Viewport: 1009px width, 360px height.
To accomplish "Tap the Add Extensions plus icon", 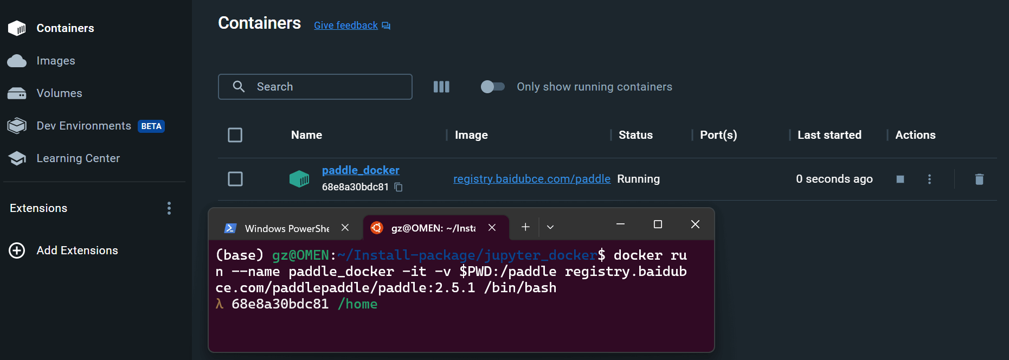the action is click(x=17, y=250).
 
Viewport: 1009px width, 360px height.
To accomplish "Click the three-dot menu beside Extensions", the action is click(x=169, y=208).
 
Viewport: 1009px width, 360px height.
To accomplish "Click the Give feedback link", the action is click(x=352, y=25).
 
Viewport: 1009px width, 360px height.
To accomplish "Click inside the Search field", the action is click(x=315, y=87).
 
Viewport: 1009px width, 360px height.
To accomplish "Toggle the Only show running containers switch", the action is click(x=492, y=87).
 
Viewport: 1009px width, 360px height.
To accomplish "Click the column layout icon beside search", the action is click(x=441, y=87).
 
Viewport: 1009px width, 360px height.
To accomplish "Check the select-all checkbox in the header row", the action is click(x=235, y=135).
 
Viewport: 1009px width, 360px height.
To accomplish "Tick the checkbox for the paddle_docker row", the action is click(x=235, y=179).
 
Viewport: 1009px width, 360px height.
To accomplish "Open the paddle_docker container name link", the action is click(x=361, y=170).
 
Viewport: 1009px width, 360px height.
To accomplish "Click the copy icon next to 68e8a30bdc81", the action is click(x=399, y=187).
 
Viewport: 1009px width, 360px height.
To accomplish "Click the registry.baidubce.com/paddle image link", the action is click(x=532, y=179).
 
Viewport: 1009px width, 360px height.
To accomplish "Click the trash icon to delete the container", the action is click(x=979, y=179).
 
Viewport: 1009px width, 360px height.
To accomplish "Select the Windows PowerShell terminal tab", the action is click(x=286, y=228).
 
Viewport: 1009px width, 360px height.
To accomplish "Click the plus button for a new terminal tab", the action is click(x=525, y=227).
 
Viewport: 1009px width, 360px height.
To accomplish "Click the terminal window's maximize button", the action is click(x=658, y=224).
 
